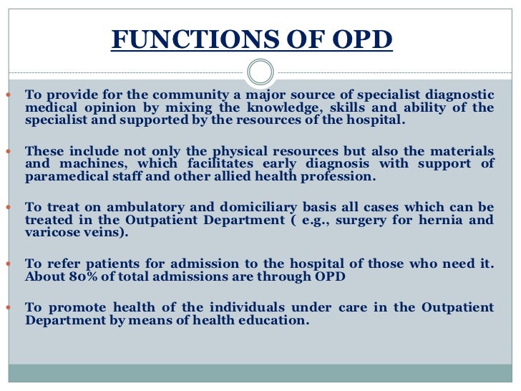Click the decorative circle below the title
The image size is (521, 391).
[260, 72]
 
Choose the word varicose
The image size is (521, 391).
[52, 233]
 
